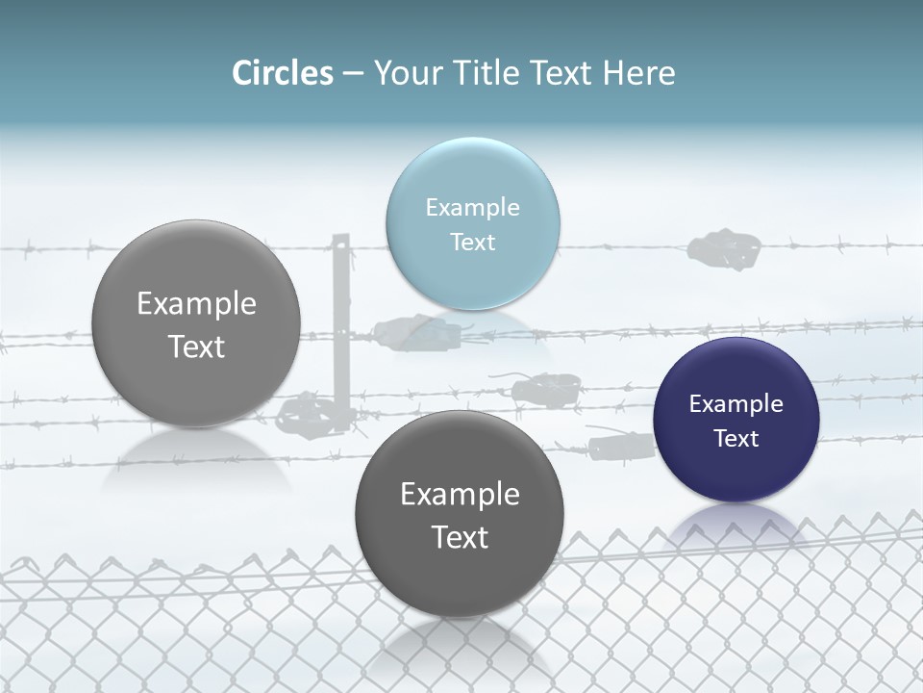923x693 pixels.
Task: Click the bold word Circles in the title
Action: click(x=282, y=73)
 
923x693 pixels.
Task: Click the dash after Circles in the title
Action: click(x=352, y=74)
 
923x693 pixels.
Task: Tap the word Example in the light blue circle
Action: click(x=472, y=207)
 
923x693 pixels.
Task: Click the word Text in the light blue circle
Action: click(x=472, y=242)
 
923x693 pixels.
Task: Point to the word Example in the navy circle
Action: click(x=736, y=403)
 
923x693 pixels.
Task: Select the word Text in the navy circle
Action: click(x=736, y=438)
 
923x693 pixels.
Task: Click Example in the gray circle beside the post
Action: click(x=196, y=303)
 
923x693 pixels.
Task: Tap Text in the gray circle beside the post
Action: click(x=196, y=346)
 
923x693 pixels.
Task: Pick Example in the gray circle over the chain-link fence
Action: click(x=460, y=494)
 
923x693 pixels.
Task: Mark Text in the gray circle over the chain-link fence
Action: click(x=460, y=537)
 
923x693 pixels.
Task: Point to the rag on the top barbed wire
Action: click(x=723, y=248)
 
